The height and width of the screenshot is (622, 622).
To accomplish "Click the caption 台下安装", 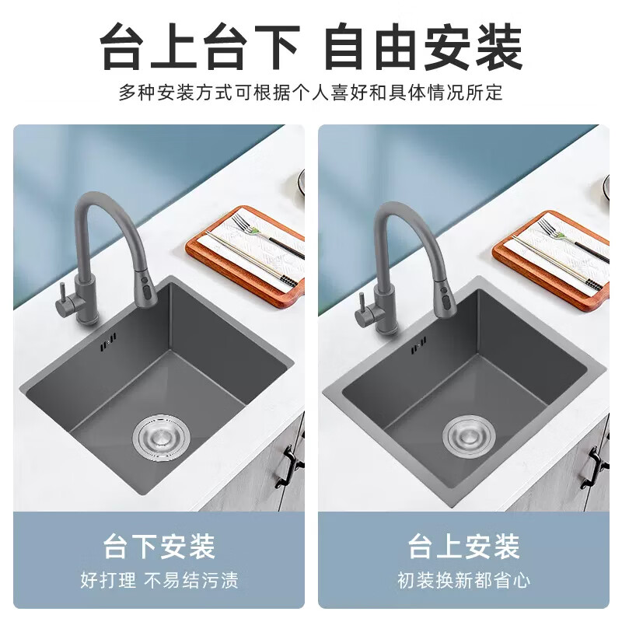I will point(159,547).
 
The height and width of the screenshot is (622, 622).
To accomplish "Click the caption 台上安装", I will point(464,547).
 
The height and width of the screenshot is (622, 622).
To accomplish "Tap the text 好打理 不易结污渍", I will point(159,580).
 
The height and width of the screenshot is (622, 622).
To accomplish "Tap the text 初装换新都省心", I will point(464,580).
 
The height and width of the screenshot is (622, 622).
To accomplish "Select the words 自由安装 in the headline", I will point(422,48).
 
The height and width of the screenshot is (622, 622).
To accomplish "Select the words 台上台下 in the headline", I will point(200,48).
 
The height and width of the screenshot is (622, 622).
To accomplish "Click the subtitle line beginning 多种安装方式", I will point(311,93).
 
